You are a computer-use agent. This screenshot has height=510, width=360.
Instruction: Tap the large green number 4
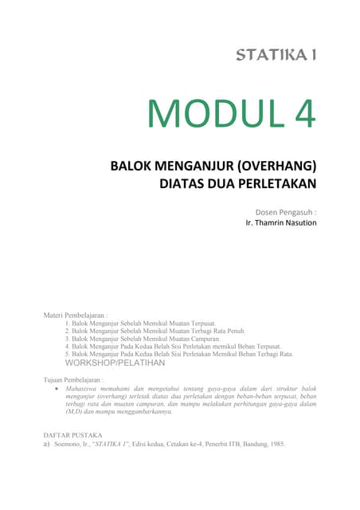coord(303,115)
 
